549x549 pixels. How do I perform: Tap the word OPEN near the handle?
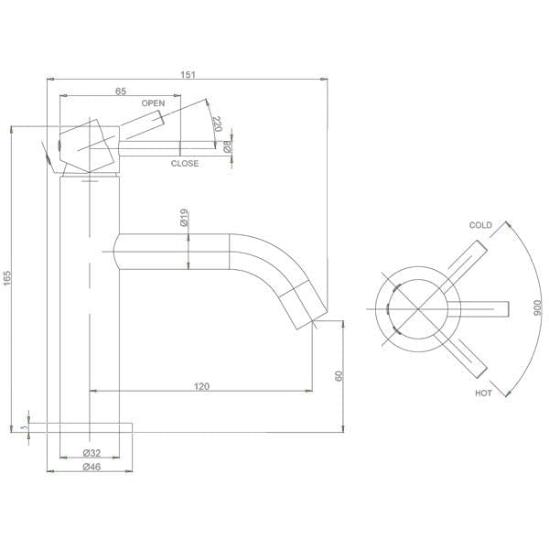pyautogui.click(x=154, y=103)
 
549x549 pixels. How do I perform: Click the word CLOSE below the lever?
pyautogui.click(x=184, y=164)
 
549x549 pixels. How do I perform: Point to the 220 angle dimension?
pyautogui.click(x=217, y=124)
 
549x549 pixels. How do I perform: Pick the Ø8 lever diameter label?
pyautogui.click(x=227, y=145)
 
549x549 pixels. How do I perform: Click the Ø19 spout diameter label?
pyautogui.click(x=185, y=218)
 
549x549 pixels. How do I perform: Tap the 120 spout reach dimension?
pyautogui.click(x=201, y=386)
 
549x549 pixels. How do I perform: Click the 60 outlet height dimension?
pyautogui.click(x=339, y=376)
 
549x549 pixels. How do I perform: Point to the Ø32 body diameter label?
pyautogui.click(x=91, y=453)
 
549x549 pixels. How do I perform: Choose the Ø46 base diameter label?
pyautogui.click(x=91, y=467)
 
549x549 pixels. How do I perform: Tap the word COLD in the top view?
pyautogui.click(x=480, y=225)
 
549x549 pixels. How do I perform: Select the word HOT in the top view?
pyautogui.click(x=483, y=393)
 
